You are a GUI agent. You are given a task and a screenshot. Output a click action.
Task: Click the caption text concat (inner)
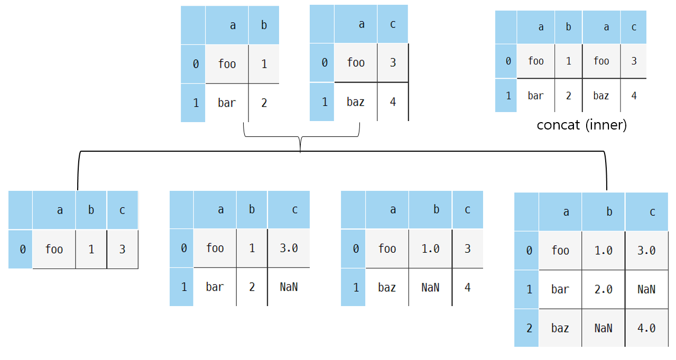click(x=581, y=125)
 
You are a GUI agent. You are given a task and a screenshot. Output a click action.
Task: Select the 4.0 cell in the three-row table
click(x=646, y=328)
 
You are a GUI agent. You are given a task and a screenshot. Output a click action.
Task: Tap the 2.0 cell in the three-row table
click(x=603, y=289)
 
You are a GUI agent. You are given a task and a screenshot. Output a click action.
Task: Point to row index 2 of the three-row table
click(x=529, y=328)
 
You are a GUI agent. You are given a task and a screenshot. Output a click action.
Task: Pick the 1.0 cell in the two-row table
click(x=430, y=248)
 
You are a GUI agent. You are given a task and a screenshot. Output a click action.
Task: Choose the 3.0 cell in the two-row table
click(x=289, y=248)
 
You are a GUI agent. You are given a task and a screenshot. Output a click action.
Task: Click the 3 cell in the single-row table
click(x=122, y=249)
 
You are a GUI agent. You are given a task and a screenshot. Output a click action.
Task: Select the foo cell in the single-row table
click(x=54, y=249)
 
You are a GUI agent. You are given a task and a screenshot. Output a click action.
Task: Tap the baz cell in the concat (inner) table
click(x=601, y=96)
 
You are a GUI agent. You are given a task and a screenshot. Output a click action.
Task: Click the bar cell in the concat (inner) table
click(x=535, y=96)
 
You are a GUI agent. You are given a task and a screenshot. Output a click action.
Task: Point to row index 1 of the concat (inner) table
click(x=508, y=96)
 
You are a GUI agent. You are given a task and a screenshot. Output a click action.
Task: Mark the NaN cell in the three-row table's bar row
click(x=646, y=289)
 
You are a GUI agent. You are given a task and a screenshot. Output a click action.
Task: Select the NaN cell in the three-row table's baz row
click(x=603, y=328)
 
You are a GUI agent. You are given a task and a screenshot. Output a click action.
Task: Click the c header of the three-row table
click(x=652, y=212)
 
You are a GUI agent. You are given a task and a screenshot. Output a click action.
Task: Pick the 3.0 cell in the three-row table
click(x=646, y=251)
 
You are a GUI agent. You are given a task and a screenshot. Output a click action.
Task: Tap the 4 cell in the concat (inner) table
click(x=634, y=96)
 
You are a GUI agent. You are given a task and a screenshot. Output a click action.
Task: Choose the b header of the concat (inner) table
click(x=568, y=27)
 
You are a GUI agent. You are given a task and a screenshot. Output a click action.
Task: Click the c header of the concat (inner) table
click(x=634, y=27)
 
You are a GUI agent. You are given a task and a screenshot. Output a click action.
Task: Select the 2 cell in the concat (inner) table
click(x=568, y=96)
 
